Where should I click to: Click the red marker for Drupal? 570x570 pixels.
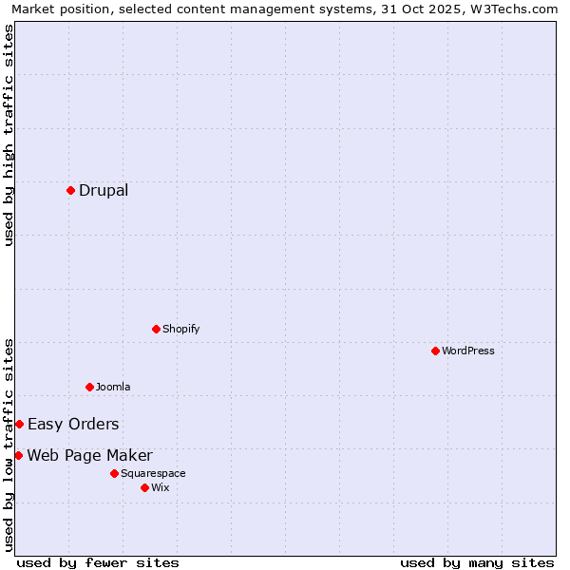70,190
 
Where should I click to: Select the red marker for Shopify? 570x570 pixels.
156,329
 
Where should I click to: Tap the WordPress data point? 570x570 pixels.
435,351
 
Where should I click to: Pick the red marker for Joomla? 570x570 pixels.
89,387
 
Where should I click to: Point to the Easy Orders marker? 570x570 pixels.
19,424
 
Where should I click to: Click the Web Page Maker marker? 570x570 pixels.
18,455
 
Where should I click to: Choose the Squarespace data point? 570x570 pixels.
114,473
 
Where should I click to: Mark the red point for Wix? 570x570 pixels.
144,487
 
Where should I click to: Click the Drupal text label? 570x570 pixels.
104,190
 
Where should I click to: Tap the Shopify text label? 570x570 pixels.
180,329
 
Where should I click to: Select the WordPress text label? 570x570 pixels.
467,351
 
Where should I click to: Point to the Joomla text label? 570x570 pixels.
113,387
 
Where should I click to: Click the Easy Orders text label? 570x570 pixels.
73,424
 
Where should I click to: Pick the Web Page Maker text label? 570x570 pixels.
89,455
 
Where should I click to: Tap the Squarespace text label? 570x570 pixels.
153,473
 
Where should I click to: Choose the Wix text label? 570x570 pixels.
161,487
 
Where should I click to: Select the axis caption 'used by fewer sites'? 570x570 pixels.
98,562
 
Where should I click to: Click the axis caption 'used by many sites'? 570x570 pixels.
477,562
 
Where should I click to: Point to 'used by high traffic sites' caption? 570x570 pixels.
9,135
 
